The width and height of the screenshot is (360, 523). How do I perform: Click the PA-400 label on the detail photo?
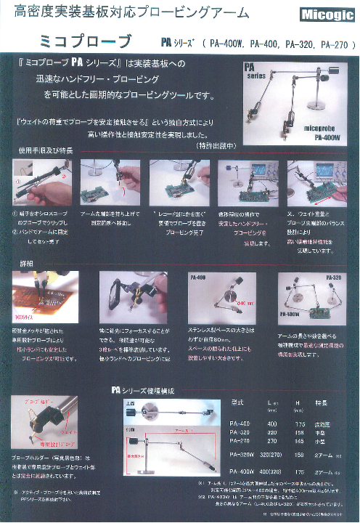coord(197,277)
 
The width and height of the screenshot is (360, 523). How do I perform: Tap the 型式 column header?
coord(236,402)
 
